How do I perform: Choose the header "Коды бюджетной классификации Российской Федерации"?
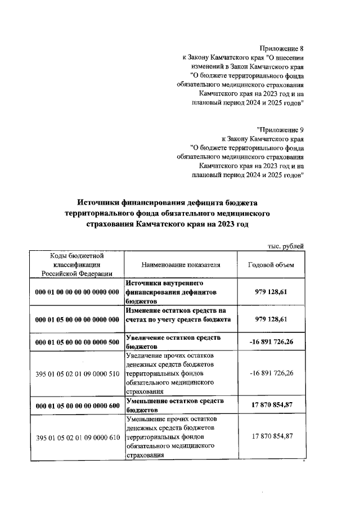[x=77, y=265]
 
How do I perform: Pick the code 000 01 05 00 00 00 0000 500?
[x=77, y=342]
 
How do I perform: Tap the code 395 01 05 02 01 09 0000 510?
[x=77, y=374]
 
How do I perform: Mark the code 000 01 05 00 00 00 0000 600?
[x=77, y=406]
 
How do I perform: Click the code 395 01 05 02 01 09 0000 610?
[x=77, y=438]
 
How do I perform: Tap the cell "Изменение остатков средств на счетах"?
[x=175, y=316]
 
